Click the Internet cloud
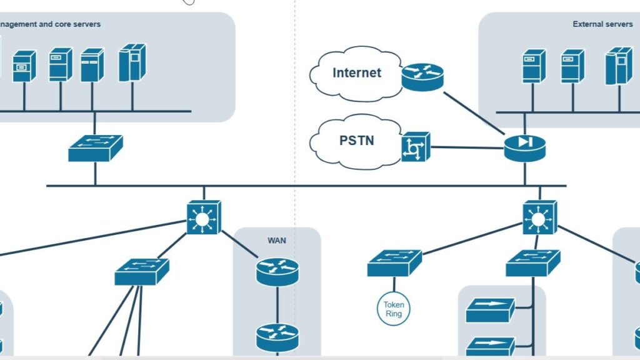(354, 73)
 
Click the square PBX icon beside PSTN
(415, 147)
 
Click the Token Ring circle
(394, 309)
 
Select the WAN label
(277, 240)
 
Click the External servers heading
(602, 24)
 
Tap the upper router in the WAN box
(277, 271)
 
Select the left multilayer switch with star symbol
(203, 217)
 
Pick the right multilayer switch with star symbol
(539, 217)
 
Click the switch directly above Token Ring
(394, 262)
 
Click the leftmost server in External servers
(533, 66)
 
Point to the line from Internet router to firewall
(475, 112)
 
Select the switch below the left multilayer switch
(142, 272)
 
